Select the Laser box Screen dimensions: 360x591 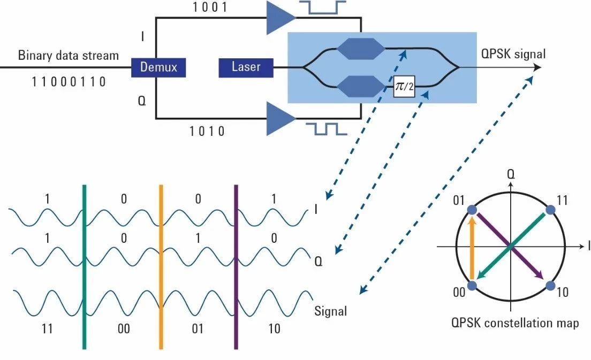246,67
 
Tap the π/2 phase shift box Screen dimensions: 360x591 404,86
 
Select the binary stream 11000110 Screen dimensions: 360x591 69,81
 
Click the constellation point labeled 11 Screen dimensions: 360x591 550,210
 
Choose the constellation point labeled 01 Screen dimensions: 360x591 472,210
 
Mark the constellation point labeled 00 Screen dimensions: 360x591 472,286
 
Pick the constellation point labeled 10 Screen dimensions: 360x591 550,286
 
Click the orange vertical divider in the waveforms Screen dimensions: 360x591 160,267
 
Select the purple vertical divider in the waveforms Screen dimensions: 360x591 235,267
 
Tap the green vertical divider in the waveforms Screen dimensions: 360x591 84,267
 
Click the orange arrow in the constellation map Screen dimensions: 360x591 472,246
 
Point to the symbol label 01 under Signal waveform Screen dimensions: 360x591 198,328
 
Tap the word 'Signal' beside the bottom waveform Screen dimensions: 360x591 330,311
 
